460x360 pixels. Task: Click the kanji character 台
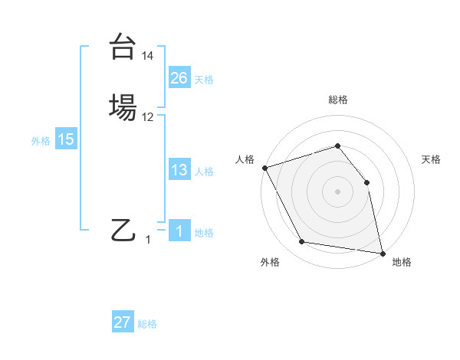tap(123, 47)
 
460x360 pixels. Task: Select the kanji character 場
tap(123, 107)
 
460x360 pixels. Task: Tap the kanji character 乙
tap(123, 229)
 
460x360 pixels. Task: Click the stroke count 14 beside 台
tap(148, 57)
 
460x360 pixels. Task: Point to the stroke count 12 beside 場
tap(148, 117)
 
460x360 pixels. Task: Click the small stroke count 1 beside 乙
tap(148, 240)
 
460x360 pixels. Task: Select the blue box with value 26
tap(179, 78)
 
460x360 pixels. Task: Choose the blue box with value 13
tap(179, 170)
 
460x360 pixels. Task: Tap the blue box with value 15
tap(65, 139)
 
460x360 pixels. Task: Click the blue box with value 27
tap(122, 322)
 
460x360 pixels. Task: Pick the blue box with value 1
tap(179, 231)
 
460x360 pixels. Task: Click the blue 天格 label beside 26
tap(204, 80)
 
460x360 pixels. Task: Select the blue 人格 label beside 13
tap(204, 172)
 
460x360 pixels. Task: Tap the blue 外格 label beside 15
tap(41, 141)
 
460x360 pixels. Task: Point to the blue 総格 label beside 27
tap(147, 324)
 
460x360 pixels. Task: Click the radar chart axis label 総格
tap(337, 100)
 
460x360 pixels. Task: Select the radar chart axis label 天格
tap(431, 159)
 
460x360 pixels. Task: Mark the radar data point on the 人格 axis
tap(264, 168)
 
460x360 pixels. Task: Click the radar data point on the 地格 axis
tap(382, 252)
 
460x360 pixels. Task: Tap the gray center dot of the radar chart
tap(337, 191)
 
